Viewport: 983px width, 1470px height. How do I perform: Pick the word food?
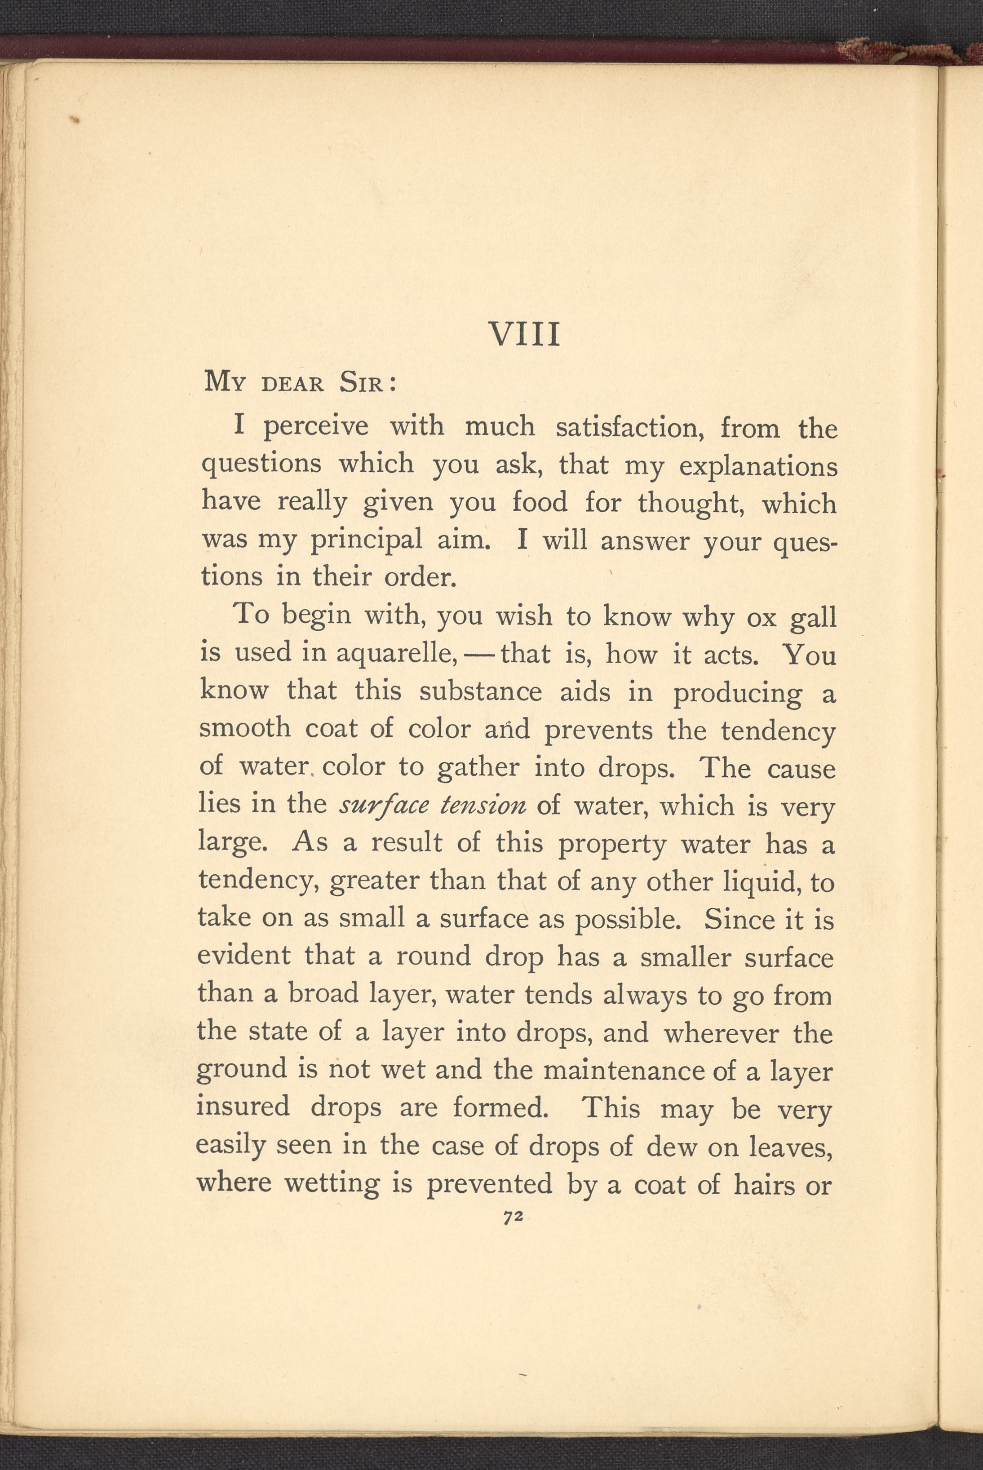(540, 502)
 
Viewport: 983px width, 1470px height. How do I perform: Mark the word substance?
(480, 691)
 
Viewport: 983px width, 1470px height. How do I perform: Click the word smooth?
(245, 728)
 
